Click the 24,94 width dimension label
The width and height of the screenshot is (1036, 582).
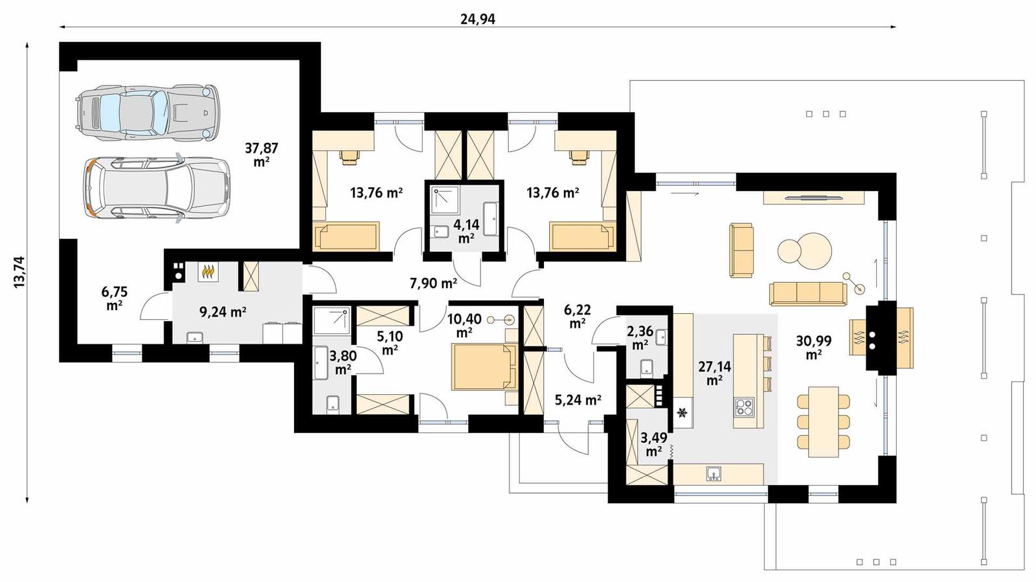[477, 19]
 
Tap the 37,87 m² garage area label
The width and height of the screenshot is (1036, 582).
[261, 154]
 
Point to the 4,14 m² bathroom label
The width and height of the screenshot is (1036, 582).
[466, 230]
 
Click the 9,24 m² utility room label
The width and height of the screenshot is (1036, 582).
[222, 312]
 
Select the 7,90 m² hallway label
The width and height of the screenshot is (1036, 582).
[433, 283]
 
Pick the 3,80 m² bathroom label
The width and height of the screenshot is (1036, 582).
[343, 363]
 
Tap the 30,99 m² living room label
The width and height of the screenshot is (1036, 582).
[814, 347]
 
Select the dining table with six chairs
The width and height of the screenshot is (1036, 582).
[823, 421]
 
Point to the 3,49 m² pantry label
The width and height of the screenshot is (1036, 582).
[653, 443]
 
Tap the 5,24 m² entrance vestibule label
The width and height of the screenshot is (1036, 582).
[578, 400]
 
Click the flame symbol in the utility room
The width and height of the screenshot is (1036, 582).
[207, 273]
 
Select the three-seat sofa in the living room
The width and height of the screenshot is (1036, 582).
[807, 293]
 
